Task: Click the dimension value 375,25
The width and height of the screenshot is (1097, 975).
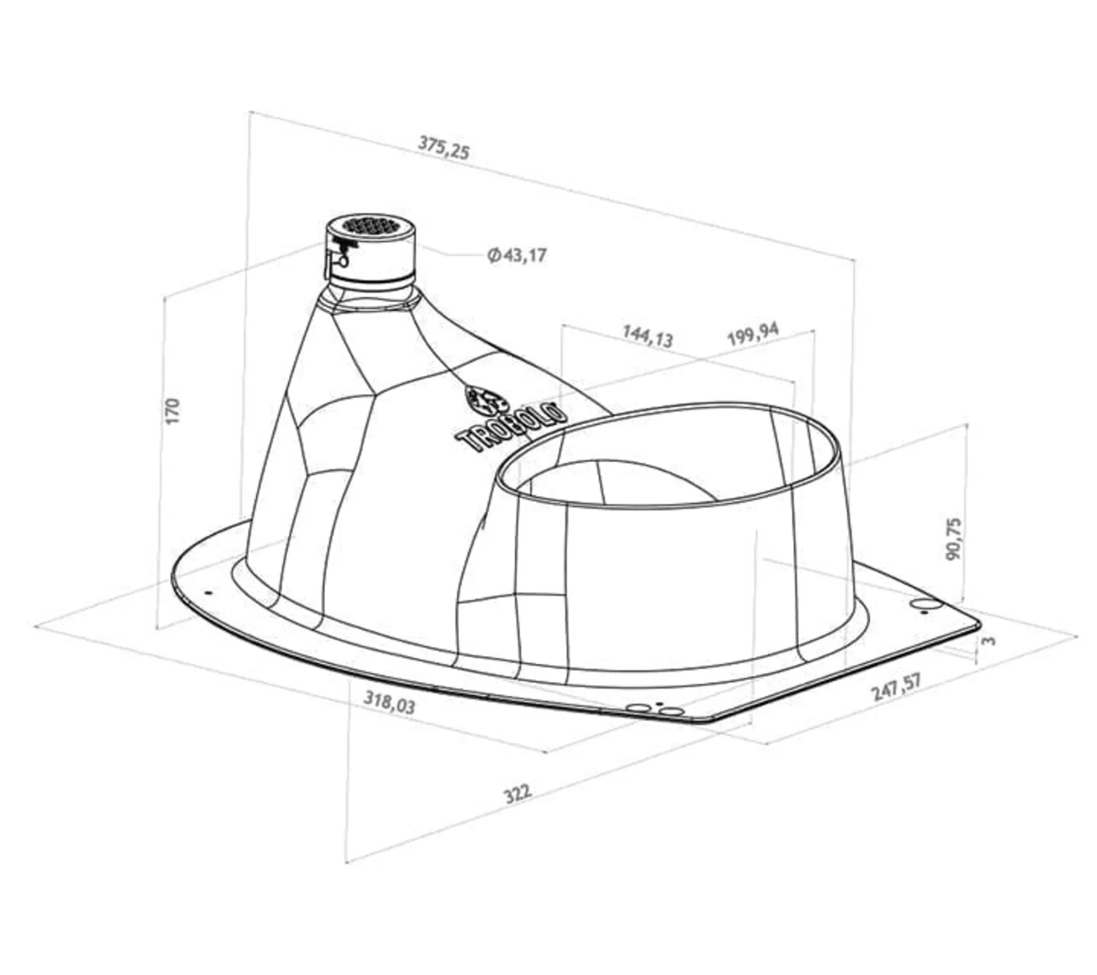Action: coord(444,147)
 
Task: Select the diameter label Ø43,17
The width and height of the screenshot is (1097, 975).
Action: coord(517,255)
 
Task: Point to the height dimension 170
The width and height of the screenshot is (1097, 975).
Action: coord(173,411)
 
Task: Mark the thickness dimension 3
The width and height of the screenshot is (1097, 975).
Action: coord(988,640)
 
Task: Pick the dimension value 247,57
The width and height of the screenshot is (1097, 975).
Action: coord(896,687)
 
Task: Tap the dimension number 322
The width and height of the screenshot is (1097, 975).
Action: coord(518,793)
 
